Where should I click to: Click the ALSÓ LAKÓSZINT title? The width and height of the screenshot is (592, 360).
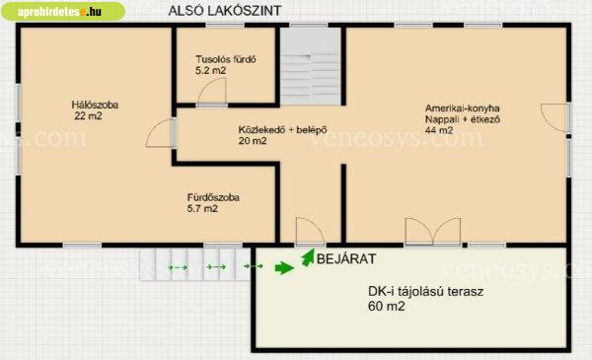coord(225,10)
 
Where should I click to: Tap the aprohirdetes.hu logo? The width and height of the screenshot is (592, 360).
coord(63,11)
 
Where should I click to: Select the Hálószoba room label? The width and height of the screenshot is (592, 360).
coord(95,105)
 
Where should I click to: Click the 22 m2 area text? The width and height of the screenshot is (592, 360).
coord(89,115)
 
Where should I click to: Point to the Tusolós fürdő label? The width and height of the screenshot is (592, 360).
coord(226,59)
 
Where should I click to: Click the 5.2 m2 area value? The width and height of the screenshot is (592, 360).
coord(211,70)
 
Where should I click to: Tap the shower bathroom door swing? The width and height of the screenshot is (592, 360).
coord(212,92)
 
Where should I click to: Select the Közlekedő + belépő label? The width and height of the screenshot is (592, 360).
coord(283,130)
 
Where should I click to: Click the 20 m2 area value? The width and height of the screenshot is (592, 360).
coord(253,141)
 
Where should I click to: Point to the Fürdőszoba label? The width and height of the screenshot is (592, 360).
coord(213,197)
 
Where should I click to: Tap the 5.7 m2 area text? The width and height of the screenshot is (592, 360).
coord(202,208)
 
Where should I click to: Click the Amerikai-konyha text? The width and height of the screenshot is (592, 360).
coord(463,108)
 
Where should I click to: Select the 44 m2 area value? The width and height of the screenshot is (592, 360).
coord(439,130)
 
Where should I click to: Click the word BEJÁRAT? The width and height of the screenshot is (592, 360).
coord(346,258)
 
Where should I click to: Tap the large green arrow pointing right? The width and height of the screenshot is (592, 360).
coord(285,268)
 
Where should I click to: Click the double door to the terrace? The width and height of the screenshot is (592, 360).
coord(433,231)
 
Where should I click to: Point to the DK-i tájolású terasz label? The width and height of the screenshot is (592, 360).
coord(425,291)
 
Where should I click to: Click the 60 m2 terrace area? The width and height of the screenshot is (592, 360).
coord(386,306)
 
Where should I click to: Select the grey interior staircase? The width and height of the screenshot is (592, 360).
coord(311,66)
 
